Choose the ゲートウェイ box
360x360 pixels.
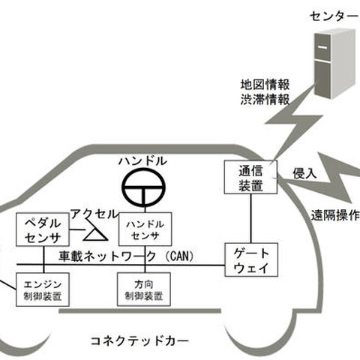tap(246, 259)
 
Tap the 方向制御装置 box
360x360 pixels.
tap(145, 289)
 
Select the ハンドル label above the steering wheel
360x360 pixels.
tap(143, 161)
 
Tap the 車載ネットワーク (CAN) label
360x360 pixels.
tap(127, 256)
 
